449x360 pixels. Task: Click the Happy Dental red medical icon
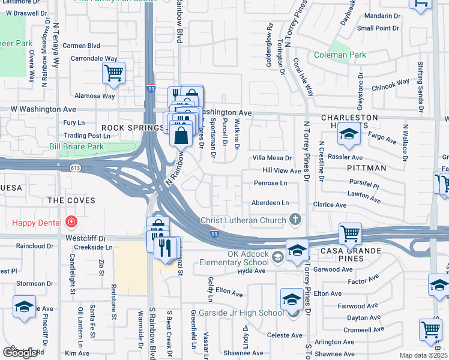(71, 223)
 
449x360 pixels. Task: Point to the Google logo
(20, 353)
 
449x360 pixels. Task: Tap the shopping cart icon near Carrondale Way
(113, 74)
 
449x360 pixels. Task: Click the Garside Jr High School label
(247, 313)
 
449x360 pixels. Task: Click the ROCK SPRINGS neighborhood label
(130, 128)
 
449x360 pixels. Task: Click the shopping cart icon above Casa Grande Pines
(350, 233)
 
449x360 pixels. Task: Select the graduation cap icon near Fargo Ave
(348, 135)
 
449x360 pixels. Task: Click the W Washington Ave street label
(44, 109)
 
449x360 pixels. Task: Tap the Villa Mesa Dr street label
(271, 158)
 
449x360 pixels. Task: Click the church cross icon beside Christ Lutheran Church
(294, 220)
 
